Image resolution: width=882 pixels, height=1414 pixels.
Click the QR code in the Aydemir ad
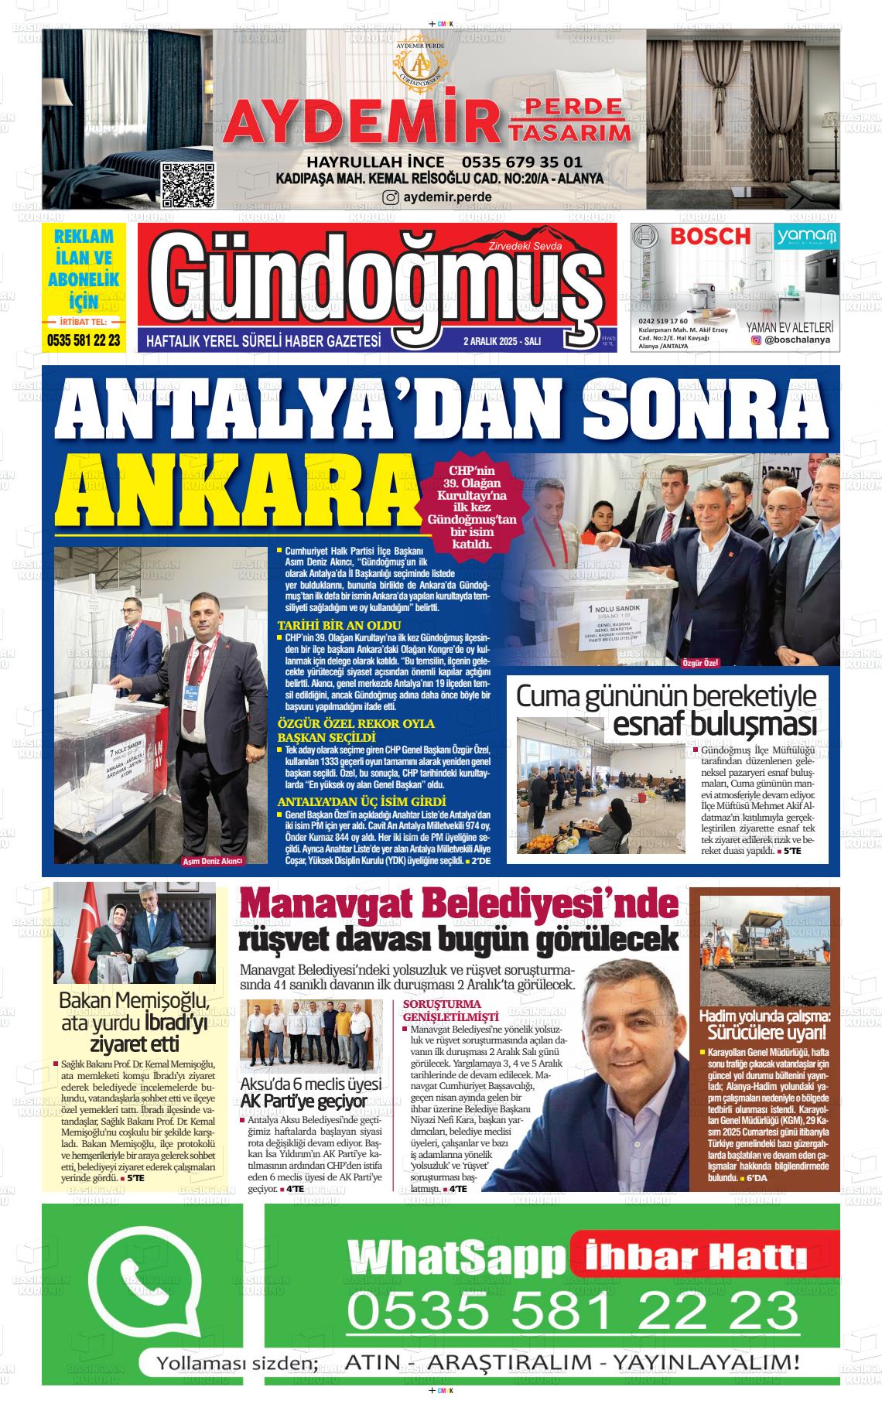coord(187,186)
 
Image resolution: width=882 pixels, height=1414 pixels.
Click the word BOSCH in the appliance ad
coord(710,236)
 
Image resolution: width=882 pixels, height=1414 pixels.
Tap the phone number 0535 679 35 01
coord(521,162)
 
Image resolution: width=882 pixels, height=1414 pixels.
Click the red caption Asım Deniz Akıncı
coord(212,861)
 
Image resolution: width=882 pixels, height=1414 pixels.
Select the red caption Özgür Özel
coord(701,663)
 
